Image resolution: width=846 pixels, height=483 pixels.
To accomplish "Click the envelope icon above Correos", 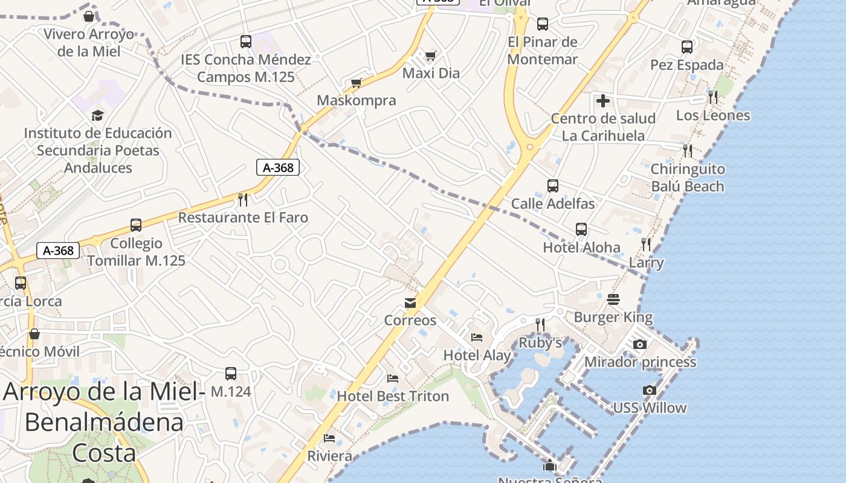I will coord(410,302).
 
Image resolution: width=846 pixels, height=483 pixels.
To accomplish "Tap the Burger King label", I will coord(613,318).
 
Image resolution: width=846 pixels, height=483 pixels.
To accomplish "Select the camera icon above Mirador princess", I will coord(640,345).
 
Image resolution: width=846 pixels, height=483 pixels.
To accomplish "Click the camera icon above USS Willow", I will coord(650,391).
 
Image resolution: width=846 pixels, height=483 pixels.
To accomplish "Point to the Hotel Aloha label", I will coord(581,248).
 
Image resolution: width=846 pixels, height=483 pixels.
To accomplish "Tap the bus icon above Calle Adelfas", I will coord(552,186).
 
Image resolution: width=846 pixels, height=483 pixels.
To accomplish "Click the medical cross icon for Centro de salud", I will coord(602,101).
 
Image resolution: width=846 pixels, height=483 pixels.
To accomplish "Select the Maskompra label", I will coord(357,101).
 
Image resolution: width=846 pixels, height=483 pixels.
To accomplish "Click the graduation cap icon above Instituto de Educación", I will coord(97,115).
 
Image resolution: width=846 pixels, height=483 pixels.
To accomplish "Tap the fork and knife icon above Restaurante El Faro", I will coord(243,199).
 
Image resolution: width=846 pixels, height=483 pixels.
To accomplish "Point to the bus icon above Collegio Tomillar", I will coord(136,225).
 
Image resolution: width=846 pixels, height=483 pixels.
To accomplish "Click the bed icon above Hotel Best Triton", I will coord(393,379).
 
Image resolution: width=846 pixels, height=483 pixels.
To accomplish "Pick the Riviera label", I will coord(330,456).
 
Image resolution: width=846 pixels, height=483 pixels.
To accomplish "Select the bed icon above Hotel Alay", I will coord(477,337).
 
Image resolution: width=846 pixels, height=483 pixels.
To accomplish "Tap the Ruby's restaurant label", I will coord(540,343).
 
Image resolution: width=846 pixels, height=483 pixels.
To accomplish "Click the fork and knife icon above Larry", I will coord(646,245).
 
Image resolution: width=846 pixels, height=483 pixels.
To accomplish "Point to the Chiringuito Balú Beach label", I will coord(688,178).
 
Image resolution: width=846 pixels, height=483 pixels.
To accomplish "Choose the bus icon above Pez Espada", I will coord(686,47).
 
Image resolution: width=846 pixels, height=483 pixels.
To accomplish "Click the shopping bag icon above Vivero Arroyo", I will coord(89,16).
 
